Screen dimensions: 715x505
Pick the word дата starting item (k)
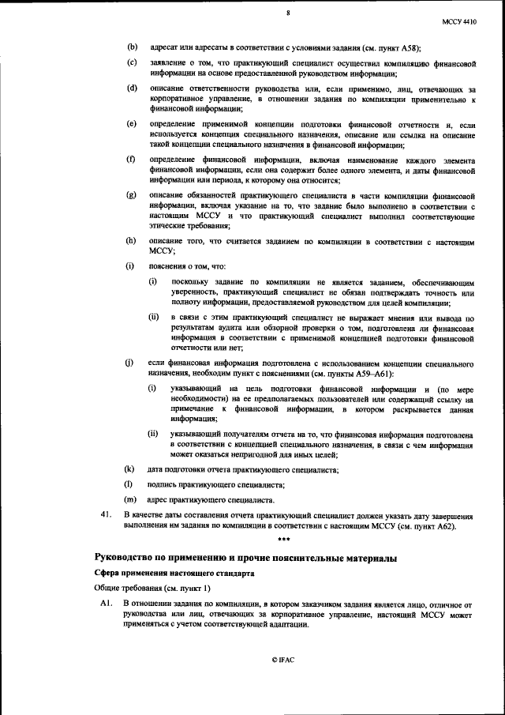click(x=156, y=470)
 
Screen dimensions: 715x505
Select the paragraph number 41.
click(x=101, y=515)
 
